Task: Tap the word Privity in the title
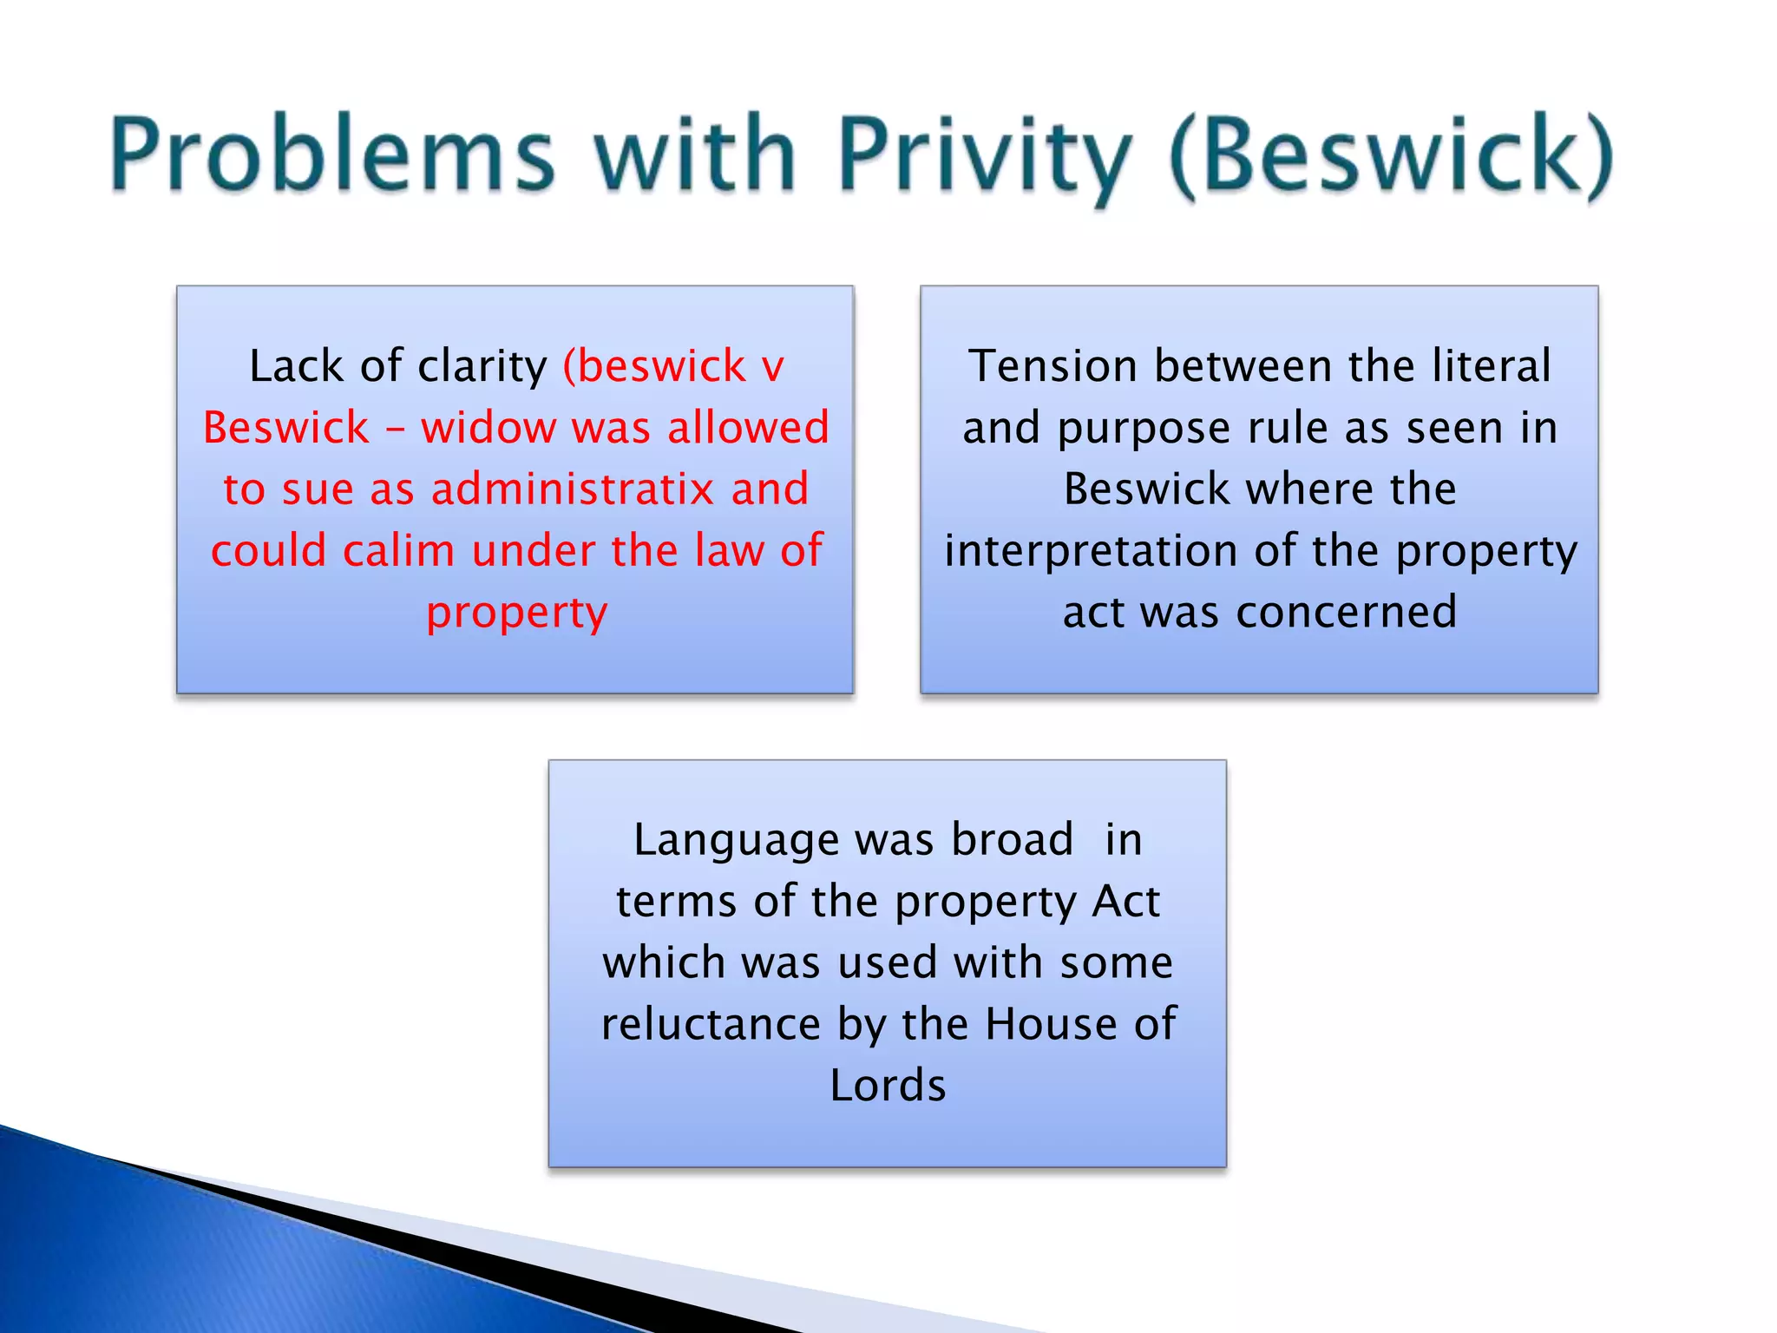[x=985, y=156]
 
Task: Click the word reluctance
[x=711, y=1025]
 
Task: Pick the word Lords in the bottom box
[x=888, y=1087]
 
